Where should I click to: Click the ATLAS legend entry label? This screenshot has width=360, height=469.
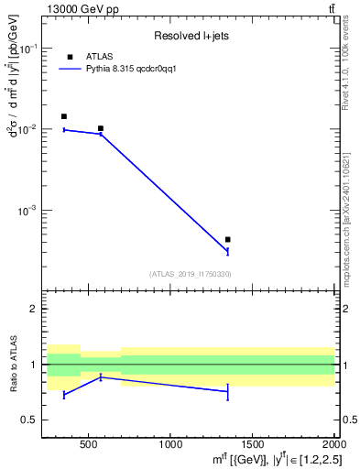[x=100, y=57]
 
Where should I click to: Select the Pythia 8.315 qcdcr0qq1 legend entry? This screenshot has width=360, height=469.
[x=124, y=69]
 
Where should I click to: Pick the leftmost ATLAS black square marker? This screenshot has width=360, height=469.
[x=63, y=116]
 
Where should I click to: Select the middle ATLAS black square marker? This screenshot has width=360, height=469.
[x=100, y=128]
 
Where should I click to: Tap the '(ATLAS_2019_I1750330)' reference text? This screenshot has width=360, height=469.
[x=190, y=274]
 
